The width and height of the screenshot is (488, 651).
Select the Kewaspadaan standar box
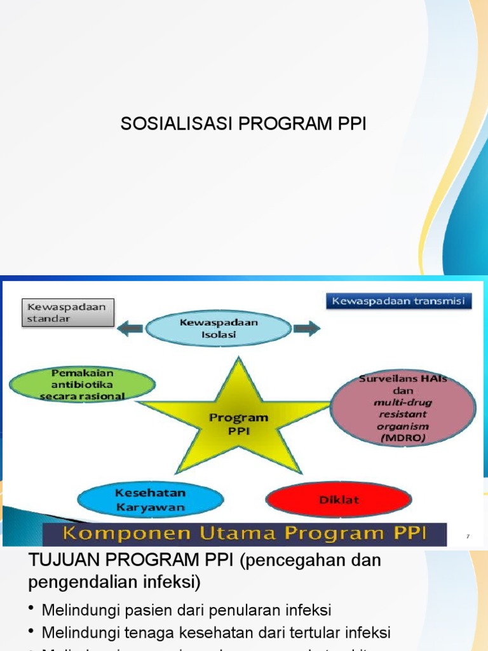click(x=68, y=313)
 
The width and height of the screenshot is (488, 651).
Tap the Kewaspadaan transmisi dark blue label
click(x=399, y=301)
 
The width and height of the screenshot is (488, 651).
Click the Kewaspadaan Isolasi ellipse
click(x=219, y=328)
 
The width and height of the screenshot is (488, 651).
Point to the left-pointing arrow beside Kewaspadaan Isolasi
click(x=130, y=328)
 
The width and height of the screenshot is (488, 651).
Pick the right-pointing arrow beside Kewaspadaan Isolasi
click(x=307, y=328)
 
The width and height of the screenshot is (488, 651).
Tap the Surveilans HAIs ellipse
click(x=403, y=408)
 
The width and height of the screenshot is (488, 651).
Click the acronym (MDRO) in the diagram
click(x=403, y=438)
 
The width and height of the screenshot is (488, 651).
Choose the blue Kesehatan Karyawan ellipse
click(x=150, y=500)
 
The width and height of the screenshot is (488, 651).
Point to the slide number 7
click(x=468, y=537)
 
